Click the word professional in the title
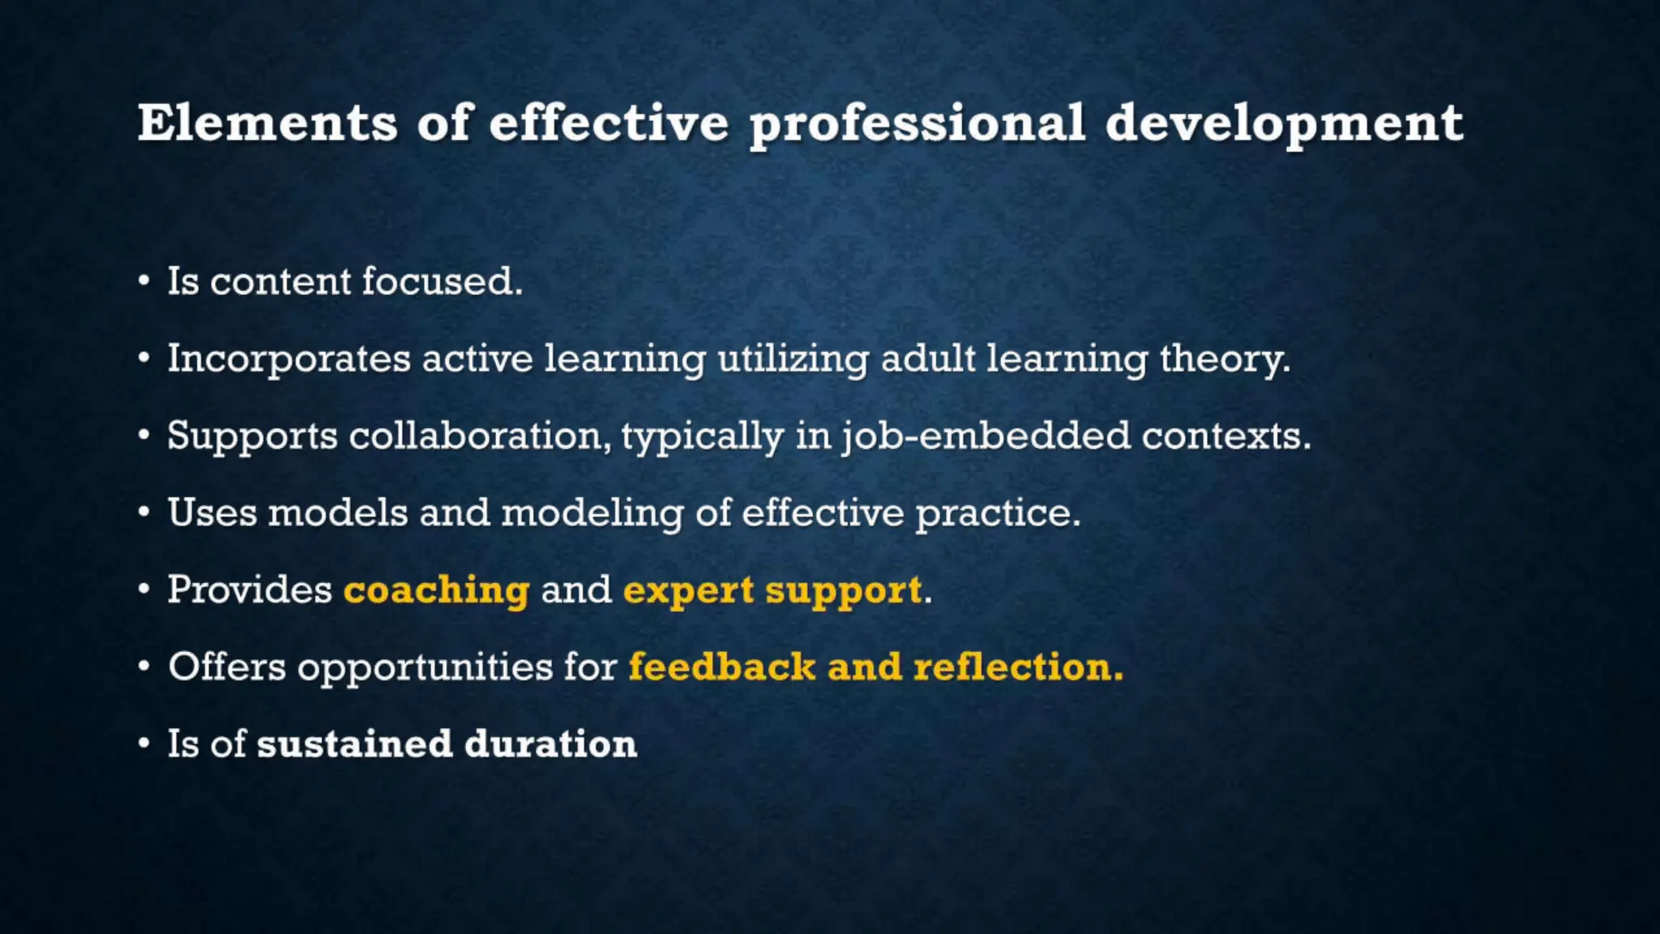[x=917, y=125]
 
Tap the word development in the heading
[x=1284, y=125]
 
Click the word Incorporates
[x=289, y=359]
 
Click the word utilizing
[x=793, y=359]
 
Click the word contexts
[x=1226, y=436]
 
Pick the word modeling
[x=592, y=513]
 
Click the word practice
[x=998, y=513]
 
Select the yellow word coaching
[x=436, y=589]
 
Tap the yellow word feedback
[x=721, y=666]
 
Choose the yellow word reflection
[x=1017, y=666]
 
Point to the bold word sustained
[x=354, y=743]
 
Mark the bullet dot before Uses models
[x=143, y=513]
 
